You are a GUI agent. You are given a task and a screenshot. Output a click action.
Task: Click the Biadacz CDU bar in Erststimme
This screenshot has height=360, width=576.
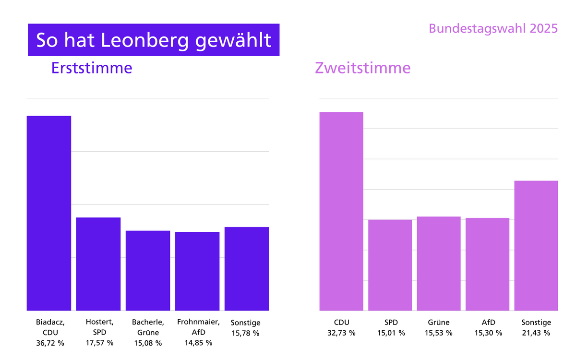49,213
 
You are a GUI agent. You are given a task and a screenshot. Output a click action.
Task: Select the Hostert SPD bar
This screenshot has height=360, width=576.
98,264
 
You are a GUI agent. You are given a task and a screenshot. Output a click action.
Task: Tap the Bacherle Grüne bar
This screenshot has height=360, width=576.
148,271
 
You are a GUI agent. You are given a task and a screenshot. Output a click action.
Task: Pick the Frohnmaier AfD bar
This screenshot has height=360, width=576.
197,271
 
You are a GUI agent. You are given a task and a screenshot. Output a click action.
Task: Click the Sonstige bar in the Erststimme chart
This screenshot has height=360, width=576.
247,269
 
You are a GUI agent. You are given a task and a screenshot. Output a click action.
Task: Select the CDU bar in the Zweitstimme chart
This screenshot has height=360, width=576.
341,211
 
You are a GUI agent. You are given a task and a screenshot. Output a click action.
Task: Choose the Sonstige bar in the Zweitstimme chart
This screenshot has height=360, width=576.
536,245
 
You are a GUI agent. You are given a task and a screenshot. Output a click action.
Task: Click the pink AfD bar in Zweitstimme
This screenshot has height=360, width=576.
487,264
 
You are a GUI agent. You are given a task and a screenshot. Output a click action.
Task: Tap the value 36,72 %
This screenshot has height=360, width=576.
50,343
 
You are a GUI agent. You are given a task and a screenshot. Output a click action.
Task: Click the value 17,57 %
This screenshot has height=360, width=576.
99,343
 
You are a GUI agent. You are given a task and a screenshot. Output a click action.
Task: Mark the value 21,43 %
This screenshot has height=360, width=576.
536,333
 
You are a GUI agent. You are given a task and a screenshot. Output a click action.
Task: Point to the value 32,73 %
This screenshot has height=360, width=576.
342,333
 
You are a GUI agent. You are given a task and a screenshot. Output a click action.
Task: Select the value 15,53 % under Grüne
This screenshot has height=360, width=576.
439,333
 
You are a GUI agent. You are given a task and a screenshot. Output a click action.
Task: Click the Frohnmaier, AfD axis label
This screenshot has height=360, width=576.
198,327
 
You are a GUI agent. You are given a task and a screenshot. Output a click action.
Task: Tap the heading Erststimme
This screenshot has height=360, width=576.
91,68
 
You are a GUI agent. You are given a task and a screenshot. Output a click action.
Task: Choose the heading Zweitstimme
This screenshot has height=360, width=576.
362,68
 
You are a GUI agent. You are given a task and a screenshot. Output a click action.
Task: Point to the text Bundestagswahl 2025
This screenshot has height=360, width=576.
493,28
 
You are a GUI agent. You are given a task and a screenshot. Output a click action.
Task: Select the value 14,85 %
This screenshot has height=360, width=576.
198,343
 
